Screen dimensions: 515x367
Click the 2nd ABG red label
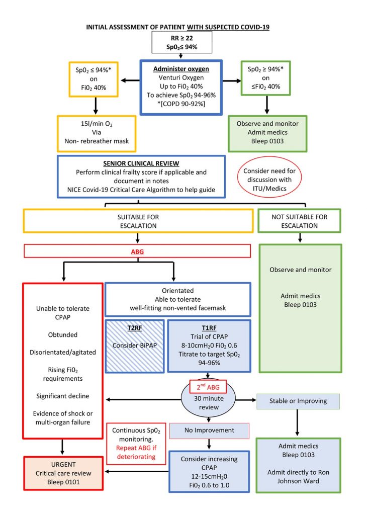tap(209, 388)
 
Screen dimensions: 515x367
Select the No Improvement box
tap(209, 431)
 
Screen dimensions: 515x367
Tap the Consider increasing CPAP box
tap(209, 471)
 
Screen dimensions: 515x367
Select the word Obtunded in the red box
tap(63, 335)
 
